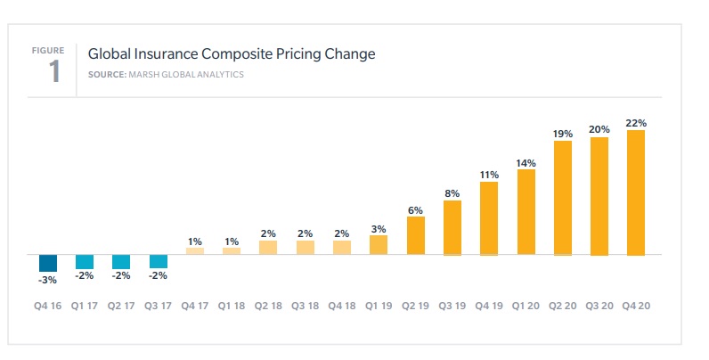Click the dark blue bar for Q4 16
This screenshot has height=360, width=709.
(48, 263)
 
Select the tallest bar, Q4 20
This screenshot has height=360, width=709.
(636, 192)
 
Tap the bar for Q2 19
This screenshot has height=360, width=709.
(416, 235)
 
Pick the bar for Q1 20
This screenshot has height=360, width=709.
(526, 212)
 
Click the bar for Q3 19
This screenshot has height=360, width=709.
(452, 227)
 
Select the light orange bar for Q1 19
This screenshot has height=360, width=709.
(379, 245)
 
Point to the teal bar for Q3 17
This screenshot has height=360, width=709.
(159, 261)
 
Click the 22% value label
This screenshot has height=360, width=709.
(636, 123)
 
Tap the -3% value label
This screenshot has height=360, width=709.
(48, 280)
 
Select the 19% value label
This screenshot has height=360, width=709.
(563, 133)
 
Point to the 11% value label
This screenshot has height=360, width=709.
(489, 175)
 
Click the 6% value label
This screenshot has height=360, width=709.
(416, 209)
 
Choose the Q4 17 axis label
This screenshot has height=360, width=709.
(195, 305)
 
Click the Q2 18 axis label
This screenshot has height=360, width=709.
(268, 305)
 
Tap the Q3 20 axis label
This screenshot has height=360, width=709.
(599, 305)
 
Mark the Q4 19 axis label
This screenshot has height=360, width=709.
(489, 305)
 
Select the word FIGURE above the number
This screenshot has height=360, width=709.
(49, 51)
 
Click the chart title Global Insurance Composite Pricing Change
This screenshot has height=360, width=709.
(232, 54)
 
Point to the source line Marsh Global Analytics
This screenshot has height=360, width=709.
(166, 74)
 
